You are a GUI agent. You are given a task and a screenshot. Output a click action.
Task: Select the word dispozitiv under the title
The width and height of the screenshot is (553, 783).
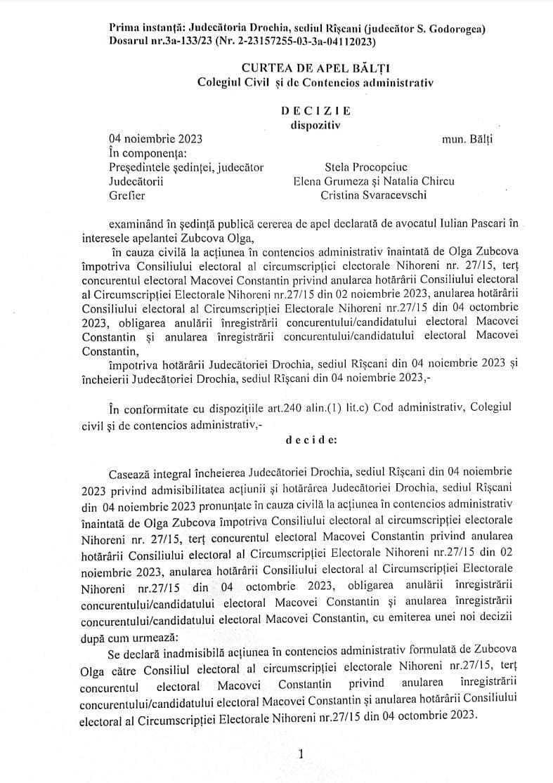pos(314,125)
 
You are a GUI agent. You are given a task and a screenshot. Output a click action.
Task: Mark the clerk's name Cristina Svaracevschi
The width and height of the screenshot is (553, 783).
pos(373,195)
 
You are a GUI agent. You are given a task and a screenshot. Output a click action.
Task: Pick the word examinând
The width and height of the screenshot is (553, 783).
pos(136,223)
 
